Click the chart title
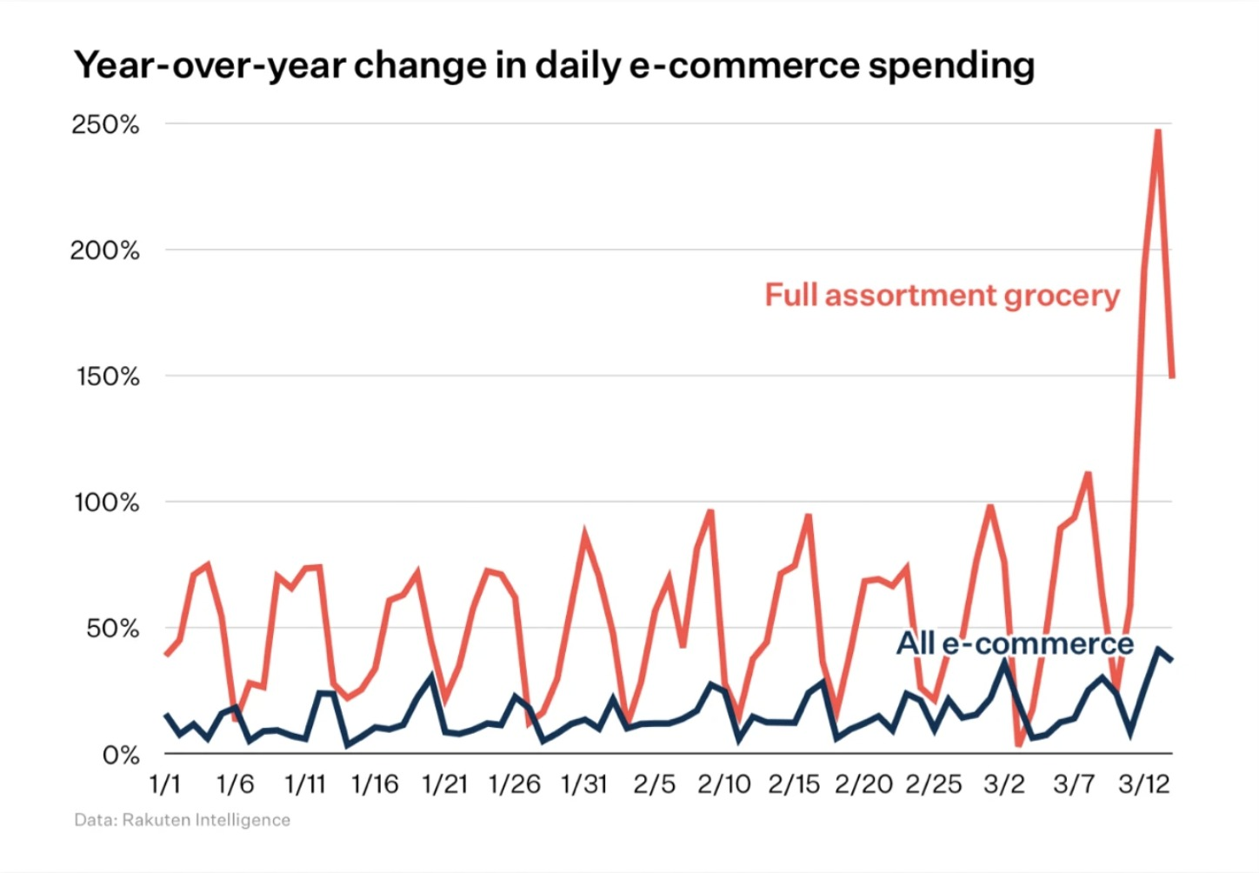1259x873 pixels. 554,65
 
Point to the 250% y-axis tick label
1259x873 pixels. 105,124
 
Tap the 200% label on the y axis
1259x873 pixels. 105,250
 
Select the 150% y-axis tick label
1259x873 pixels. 107,377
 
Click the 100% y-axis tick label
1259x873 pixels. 107,503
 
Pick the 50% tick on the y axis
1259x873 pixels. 112,629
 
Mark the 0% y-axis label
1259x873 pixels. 121,755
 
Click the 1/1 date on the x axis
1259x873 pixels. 165,784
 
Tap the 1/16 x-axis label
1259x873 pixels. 375,784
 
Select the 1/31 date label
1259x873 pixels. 584,784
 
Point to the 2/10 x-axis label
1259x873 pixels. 724,784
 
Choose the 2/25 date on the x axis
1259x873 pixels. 934,784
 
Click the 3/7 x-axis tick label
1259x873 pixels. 1074,784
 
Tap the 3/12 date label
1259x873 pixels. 1143,784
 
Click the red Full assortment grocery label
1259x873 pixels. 942,296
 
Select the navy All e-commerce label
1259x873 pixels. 1015,643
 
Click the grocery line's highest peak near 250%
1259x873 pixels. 1157,131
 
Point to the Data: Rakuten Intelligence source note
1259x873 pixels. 183,820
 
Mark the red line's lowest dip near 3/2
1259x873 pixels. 1019,744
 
